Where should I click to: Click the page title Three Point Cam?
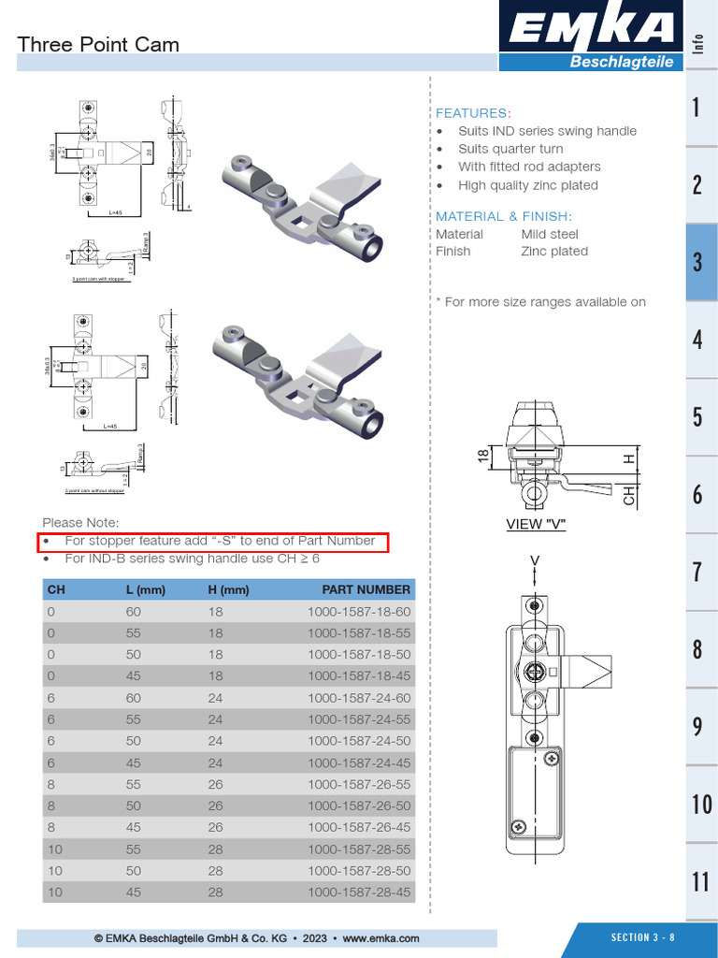pyautogui.click(x=98, y=44)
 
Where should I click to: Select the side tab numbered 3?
pyautogui.click(x=697, y=262)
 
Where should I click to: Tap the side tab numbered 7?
pyautogui.click(x=697, y=572)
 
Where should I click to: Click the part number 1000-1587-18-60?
pyautogui.click(x=359, y=611)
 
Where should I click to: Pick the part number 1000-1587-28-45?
pyautogui.click(x=359, y=893)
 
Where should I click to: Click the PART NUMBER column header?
pyautogui.click(x=366, y=589)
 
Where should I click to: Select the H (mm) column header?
pyautogui.click(x=228, y=589)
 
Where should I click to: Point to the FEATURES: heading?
pyautogui.click(x=473, y=112)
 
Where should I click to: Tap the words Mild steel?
pyautogui.click(x=550, y=234)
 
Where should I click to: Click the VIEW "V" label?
pyautogui.click(x=536, y=524)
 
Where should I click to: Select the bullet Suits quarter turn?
pyautogui.click(x=510, y=149)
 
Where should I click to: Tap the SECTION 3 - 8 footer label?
pyautogui.click(x=642, y=937)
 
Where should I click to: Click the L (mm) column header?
pyautogui.click(x=145, y=589)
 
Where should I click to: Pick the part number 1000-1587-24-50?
pyautogui.click(x=359, y=740)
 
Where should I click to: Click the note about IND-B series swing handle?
pyautogui.click(x=192, y=559)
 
